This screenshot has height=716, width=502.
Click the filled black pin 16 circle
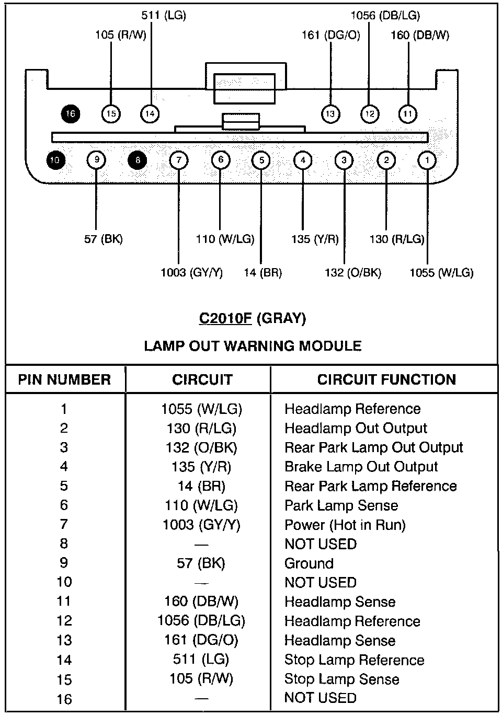coord(71,113)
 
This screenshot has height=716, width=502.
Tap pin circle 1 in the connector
coord(427,160)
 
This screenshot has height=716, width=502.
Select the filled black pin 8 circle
coord(138,160)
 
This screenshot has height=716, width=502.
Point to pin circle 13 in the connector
coord(330,113)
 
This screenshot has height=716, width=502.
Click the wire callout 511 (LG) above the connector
coord(164,16)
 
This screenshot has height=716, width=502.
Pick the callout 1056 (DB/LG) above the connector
coord(385,16)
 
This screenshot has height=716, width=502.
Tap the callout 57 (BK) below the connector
coord(103,239)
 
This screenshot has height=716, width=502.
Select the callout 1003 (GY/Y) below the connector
coord(191,272)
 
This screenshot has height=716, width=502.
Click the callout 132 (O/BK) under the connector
coord(353,272)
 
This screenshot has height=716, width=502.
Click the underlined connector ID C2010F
coord(226,318)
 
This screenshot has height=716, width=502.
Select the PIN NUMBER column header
coord(64,379)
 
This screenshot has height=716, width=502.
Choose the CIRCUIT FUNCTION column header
coord(386,379)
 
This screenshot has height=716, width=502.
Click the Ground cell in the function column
coord(309,563)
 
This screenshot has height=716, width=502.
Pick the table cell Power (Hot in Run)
coord(345,525)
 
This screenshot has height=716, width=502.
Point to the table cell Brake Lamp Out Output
coord(361,467)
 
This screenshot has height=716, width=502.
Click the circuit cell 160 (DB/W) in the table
coord(201,602)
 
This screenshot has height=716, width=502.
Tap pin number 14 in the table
coord(64,660)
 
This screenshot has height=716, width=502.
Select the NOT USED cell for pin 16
coord(320,698)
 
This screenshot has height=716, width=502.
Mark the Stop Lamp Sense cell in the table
coord(341,679)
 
